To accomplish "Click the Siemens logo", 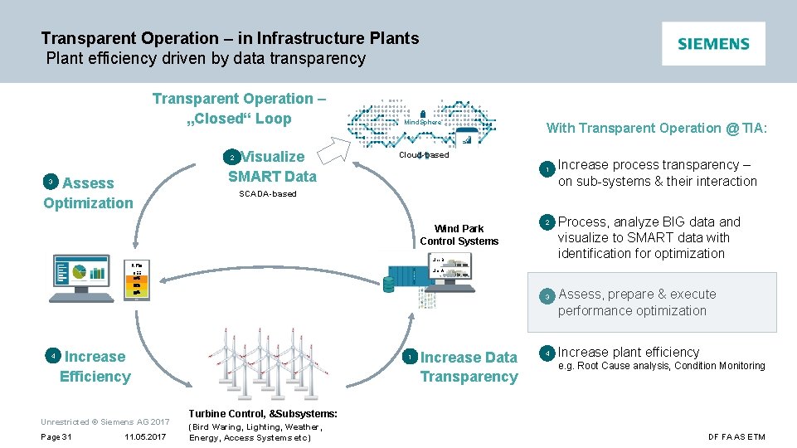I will (x=713, y=44).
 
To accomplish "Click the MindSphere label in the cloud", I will (x=423, y=122).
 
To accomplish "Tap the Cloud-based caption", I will (x=424, y=155).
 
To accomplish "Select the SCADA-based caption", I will (x=267, y=194).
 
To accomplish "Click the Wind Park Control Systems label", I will (x=459, y=235).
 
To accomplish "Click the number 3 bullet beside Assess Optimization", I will (x=51, y=182).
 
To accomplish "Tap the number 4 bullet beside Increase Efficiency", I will (x=52, y=356).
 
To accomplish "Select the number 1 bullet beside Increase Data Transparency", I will (x=409, y=357).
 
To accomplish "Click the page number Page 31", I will (x=56, y=437).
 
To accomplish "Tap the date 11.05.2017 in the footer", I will (x=145, y=437).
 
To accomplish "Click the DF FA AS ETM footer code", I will (x=736, y=437).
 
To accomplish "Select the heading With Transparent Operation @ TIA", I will (x=657, y=128).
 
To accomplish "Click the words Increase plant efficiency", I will (x=629, y=352).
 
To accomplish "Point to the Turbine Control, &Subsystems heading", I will (x=263, y=413).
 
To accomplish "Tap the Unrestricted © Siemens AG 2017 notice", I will (x=105, y=422).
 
